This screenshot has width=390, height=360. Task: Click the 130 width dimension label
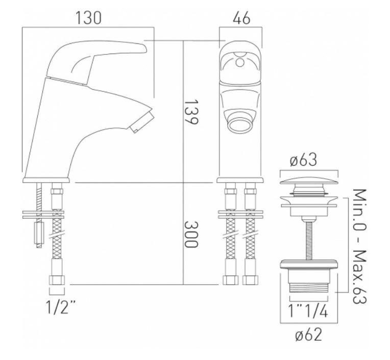(88, 18)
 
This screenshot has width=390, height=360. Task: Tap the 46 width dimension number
(241, 18)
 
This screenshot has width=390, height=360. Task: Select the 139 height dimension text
(191, 112)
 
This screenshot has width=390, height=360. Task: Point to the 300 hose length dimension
(191, 234)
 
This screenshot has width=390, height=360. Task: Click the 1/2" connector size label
(60, 307)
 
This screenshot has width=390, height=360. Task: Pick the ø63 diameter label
(303, 160)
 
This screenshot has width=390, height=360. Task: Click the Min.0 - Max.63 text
(360, 246)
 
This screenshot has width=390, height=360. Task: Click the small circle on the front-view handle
(240, 63)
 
